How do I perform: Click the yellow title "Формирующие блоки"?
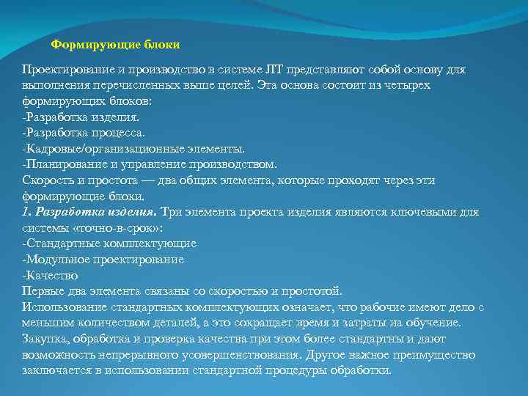(115, 44)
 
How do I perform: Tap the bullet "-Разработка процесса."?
(84, 133)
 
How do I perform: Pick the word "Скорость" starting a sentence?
(46, 180)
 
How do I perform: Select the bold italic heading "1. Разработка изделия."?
(89, 212)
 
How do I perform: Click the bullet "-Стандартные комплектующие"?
(109, 243)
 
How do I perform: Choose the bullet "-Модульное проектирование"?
(103, 260)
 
